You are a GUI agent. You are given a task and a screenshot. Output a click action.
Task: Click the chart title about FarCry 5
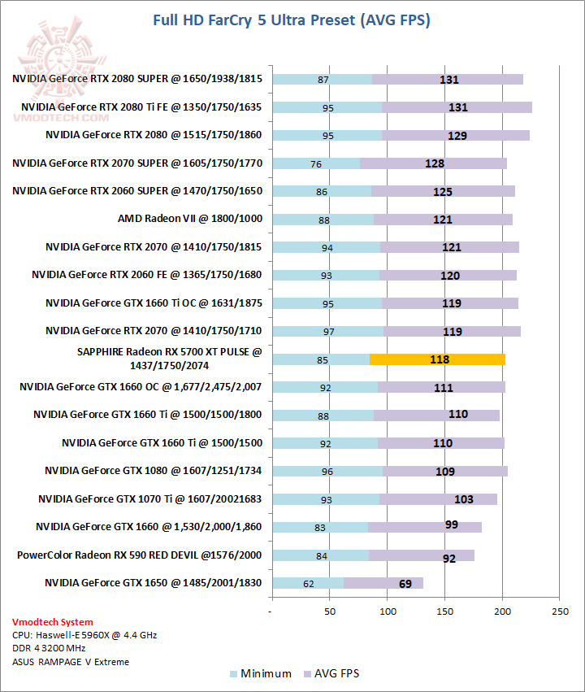pos(292,20)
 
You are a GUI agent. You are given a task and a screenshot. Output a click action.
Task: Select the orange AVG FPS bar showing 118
pos(437,359)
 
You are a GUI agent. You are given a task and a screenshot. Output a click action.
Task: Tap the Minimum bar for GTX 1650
pos(308,583)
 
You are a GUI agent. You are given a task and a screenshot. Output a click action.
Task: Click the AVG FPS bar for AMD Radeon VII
pos(443,220)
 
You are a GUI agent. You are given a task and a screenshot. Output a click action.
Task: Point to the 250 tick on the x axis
pos(558,610)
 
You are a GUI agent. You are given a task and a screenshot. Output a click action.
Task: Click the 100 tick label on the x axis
pos(388,610)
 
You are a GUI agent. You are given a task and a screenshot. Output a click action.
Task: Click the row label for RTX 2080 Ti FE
pos(141,107)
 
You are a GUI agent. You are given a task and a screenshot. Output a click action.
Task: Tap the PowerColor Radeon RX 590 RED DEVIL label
pos(140,555)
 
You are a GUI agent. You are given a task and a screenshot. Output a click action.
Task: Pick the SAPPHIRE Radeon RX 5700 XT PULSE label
pos(169,359)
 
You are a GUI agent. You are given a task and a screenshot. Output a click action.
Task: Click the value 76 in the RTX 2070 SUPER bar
pos(316,163)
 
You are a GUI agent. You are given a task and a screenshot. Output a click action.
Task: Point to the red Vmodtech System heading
pos(52,622)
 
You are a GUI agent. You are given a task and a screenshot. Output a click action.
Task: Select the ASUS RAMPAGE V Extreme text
pos(70,662)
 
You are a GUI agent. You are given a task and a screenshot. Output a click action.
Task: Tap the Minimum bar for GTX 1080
pos(327,471)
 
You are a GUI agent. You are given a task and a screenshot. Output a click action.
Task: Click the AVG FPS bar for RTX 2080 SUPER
pos(447,80)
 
